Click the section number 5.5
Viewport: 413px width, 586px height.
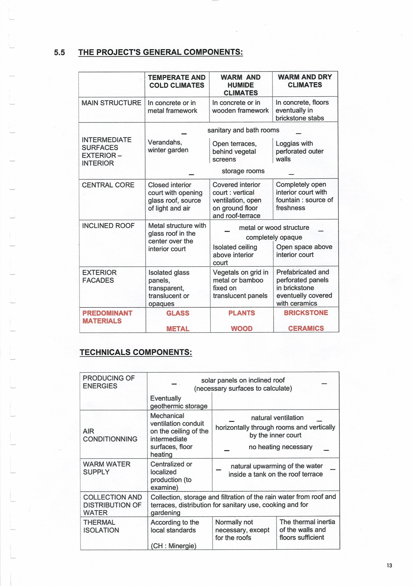[60, 53]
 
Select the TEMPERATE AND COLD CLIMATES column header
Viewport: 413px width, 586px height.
[177, 81]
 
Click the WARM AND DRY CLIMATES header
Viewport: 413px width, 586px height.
[305, 81]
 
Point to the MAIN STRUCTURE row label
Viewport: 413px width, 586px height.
[111, 103]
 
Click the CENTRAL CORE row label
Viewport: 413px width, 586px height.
[108, 185]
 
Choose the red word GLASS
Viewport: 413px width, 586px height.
[178, 313]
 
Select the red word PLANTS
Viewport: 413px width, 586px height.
[242, 313]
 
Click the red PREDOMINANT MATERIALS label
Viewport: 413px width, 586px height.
[107, 317]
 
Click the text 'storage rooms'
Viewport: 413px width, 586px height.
[243, 171]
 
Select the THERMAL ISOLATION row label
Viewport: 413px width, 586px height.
[101, 526]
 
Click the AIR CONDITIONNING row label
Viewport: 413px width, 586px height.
[110, 435]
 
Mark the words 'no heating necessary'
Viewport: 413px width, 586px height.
[280, 447]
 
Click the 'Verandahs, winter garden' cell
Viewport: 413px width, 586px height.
[168, 146]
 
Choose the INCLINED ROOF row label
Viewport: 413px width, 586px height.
[108, 226]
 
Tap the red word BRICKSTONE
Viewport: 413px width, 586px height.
[306, 313]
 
